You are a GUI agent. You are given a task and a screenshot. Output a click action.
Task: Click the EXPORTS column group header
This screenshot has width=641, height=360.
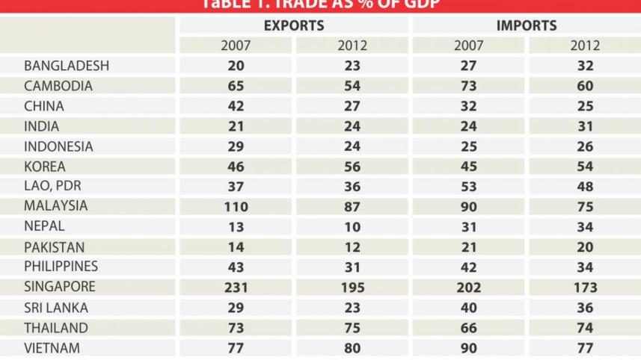[x=294, y=25]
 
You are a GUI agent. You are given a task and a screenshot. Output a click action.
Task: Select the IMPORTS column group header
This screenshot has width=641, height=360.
[x=527, y=25]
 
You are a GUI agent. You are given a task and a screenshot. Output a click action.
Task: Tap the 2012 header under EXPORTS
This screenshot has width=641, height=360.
[x=352, y=46]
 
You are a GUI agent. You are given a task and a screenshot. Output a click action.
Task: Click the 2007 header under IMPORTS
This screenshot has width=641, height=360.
[x=469, y=46]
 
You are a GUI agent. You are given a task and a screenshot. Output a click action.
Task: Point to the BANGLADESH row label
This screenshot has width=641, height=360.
[x=67, y=66]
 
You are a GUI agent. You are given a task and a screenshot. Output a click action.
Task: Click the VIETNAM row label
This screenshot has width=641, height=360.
[x=52, y=347]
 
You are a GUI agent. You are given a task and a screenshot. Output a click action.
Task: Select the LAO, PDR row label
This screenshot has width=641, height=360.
[x=52, y=186]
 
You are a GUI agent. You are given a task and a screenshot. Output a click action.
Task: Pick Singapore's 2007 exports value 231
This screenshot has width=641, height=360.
[x=236, y=287]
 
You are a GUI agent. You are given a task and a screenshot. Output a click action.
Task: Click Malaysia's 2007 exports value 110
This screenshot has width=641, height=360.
[x=236, y=206]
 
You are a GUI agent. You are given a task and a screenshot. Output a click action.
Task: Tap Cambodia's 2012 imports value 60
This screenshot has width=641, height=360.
[x=586, y=86]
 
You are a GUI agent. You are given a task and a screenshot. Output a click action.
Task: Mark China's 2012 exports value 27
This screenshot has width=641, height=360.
[x=352, y=106]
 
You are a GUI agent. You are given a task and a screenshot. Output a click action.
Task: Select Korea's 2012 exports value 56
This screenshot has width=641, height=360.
[x=352, y=167]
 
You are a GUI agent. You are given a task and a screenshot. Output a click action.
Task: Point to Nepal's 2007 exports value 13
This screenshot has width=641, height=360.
[x=236, y=226]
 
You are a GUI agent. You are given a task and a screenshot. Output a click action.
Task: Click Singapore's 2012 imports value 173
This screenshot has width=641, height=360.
[x=586, y=287]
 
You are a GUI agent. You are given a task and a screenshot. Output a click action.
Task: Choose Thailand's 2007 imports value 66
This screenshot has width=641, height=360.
[x=469, y=327]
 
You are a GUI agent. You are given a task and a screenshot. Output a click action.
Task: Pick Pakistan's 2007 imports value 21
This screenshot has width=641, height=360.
[x=469, y=246]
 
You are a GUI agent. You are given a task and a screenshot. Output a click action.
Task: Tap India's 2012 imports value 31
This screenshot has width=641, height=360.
[x=586, y=126]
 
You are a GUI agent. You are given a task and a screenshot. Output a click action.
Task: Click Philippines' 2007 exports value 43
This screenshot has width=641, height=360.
[x=236, y=267]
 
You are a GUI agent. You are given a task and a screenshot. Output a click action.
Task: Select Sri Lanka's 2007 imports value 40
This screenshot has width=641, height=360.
[x=469, y=307]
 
